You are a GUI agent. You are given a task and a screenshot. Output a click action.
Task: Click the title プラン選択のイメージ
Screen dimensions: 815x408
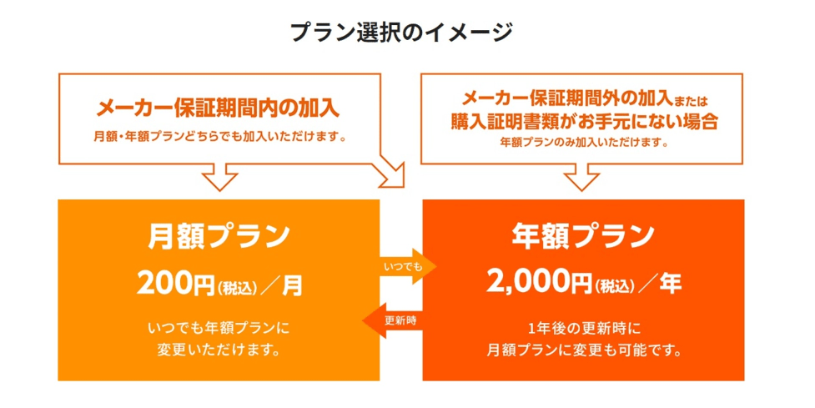click(401, 33)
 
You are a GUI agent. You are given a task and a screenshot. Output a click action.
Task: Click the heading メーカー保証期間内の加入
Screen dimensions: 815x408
click(218, 108)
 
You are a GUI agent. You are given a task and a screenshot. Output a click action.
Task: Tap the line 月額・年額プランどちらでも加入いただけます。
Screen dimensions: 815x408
click(220, 138)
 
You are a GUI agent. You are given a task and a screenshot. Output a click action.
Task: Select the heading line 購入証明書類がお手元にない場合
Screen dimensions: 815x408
click(584, 121)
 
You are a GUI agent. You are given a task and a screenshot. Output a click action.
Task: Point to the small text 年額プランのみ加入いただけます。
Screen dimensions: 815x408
click(584, 142)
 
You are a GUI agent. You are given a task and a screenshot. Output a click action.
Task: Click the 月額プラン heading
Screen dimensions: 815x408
click(219, 236)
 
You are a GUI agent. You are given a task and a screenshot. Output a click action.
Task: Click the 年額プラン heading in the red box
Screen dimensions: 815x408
click(583, 236)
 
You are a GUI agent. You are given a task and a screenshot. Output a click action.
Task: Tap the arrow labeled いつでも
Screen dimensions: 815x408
click(408, 267)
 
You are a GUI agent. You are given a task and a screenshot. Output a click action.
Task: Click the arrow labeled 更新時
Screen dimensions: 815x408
click(391, 320)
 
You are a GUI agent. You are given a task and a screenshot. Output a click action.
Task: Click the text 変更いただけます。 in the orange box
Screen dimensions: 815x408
click(219, 350)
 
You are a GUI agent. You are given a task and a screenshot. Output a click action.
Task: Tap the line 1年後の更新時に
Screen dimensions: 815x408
click(584, 329)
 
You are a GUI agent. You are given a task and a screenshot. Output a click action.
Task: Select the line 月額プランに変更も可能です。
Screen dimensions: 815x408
click(584, 350)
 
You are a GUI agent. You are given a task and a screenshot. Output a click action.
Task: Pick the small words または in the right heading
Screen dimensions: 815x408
click(691, 101)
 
